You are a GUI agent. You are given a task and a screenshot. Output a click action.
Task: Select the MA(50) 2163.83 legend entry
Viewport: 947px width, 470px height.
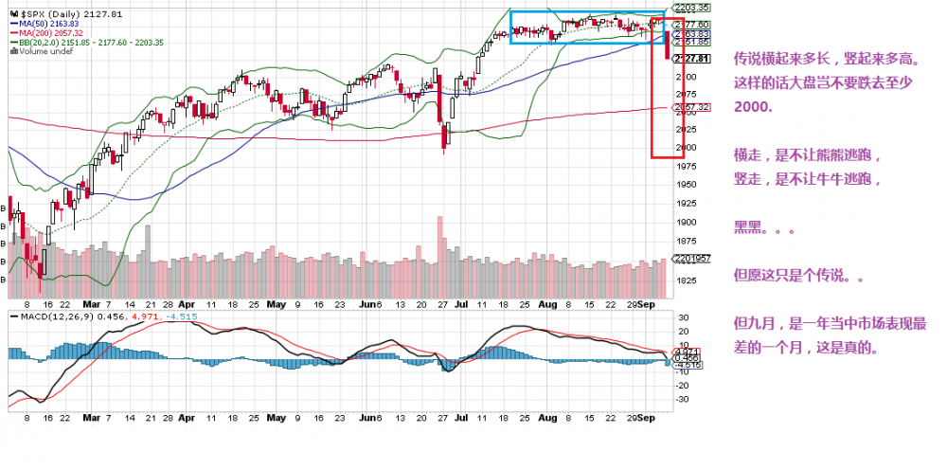tap(46, 24)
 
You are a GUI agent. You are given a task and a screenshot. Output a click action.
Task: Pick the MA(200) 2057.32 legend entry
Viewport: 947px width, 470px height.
tap(48, 33)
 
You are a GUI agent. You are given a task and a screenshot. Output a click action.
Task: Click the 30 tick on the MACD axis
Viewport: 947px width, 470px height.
tap(682, 317)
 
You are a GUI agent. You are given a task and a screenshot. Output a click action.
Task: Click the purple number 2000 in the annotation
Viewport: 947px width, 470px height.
tap(752, 107)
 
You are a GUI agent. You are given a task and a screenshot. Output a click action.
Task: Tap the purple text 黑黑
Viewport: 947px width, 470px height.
tap(748, 228)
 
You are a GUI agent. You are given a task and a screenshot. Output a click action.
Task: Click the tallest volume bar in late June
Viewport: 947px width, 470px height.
tap(440, 256)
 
